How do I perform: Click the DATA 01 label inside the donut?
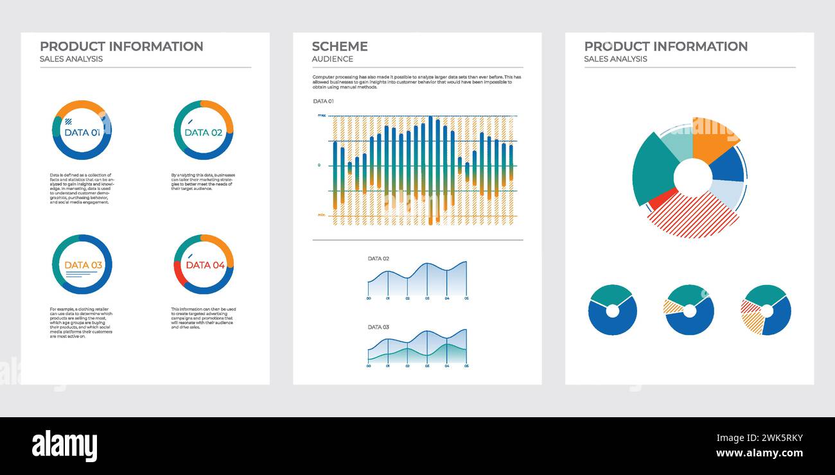[x=82, y=133]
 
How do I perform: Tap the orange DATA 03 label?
[x=83, y=265]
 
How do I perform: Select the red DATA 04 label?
[x=205, y=265]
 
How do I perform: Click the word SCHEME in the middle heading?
[x=340, y=46]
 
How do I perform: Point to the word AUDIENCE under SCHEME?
[x=332, y=59]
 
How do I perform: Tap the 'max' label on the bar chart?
[x=322, y=116]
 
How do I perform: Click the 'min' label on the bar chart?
[x=322, y=215]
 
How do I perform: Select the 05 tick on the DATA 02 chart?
[x=466, y=298]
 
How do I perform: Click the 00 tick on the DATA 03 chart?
[x=368, y=366]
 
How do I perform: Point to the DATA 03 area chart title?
[x=378, y=327]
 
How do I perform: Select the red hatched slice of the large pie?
[x=694, y=217]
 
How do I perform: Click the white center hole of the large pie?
[x=693, y=177]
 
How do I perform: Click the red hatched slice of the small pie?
[x=750, y=306]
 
